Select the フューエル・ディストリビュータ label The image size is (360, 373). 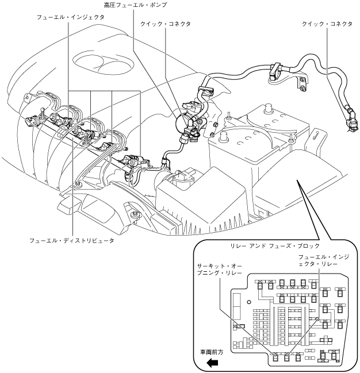(72, 240)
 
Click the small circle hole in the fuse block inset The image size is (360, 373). (248, 301)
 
